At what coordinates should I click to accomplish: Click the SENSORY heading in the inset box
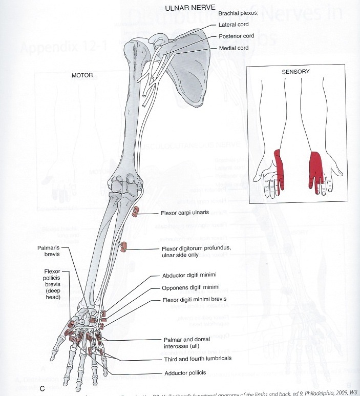click(x=296, y=72)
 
